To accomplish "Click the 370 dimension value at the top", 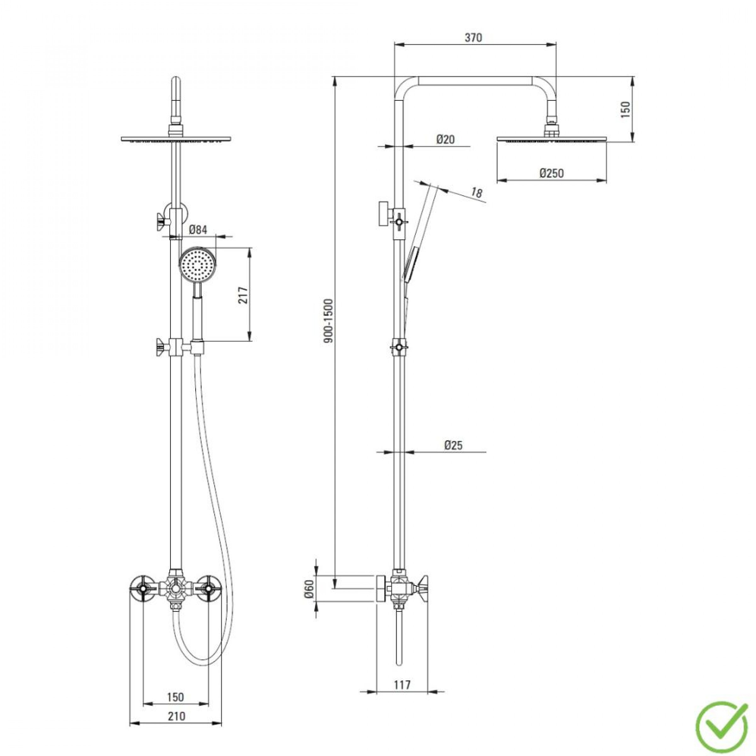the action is coord(473,37).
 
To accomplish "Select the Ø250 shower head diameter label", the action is coord(552,173).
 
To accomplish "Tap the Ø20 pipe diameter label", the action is coord(446,139).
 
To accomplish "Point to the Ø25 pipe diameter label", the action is coord(454,445).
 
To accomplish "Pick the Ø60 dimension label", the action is coord(309,600).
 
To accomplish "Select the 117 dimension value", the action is coord(402,684).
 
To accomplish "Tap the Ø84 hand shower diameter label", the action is coord(198,230).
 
